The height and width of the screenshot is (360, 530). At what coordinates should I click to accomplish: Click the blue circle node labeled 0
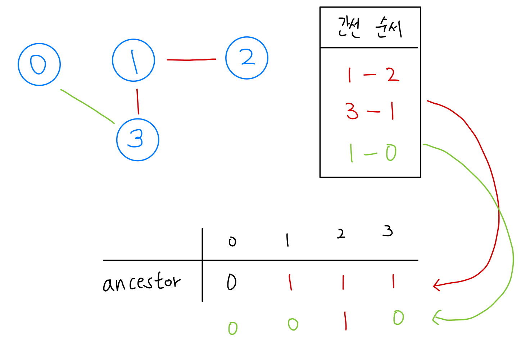pyautogui.click(x=39, y=64)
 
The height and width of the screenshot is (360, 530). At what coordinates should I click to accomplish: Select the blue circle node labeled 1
pyautogui.click(x=133, y=60)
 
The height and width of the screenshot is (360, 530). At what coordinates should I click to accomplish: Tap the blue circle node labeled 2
pyautogui.click(x=247, y=58)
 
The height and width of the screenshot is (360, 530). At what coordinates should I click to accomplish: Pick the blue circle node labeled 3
pyautogui.click(x=138, y=140)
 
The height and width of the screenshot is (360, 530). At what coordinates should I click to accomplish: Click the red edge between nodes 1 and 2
pyautogui.click(x=191, y=60)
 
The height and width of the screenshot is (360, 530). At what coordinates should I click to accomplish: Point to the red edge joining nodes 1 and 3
pyautogui.click(x=137, y=102)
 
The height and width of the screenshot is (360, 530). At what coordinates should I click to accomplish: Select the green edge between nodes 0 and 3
pyautogui.click(x=87, y=106)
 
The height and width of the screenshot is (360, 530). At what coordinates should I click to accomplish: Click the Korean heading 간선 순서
pyautogui.click(x=370, y=28)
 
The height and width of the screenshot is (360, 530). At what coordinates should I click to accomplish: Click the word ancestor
pyautogui.click(x=141, y=283)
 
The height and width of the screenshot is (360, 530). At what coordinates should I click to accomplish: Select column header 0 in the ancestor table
pyautogui.click(x=232, y=242)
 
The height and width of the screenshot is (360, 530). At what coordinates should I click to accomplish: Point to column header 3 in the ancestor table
pyautogui.click(x=388, y=231)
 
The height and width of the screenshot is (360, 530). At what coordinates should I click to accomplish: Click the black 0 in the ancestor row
pyautogui.click(x=232, y=282)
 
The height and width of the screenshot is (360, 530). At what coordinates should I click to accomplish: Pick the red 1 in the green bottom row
pyautogui.click(x=345, y=321)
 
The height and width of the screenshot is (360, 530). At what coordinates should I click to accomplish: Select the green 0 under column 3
pyautogui.click(x=398, y=318)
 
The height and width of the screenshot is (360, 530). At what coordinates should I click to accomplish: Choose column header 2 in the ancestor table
pyautogui.click(x=341, y=234)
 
